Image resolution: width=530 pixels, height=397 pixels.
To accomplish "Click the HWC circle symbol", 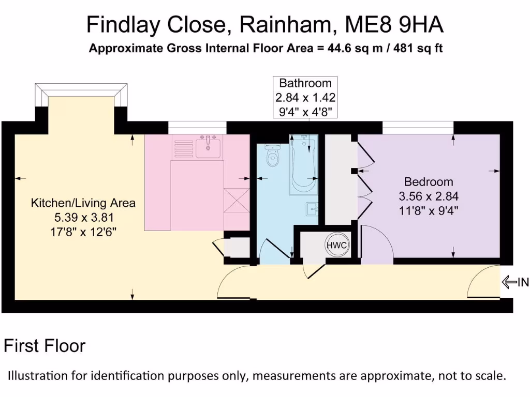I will (336, 245).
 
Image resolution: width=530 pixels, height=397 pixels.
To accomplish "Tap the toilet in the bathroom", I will (272, 153).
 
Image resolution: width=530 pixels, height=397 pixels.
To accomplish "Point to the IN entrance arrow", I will (516, 282).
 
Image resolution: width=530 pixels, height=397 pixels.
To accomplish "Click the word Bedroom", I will (429, 182).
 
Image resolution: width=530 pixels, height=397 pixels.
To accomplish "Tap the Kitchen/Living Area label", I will (83, 203).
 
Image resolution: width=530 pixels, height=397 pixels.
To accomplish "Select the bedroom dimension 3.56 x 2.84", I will (429, 196).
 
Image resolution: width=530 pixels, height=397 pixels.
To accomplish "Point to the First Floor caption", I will (45, 346).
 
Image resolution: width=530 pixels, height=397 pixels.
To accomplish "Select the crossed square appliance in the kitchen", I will (236, 201).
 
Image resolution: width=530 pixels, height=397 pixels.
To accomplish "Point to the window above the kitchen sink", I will (197, 124).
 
